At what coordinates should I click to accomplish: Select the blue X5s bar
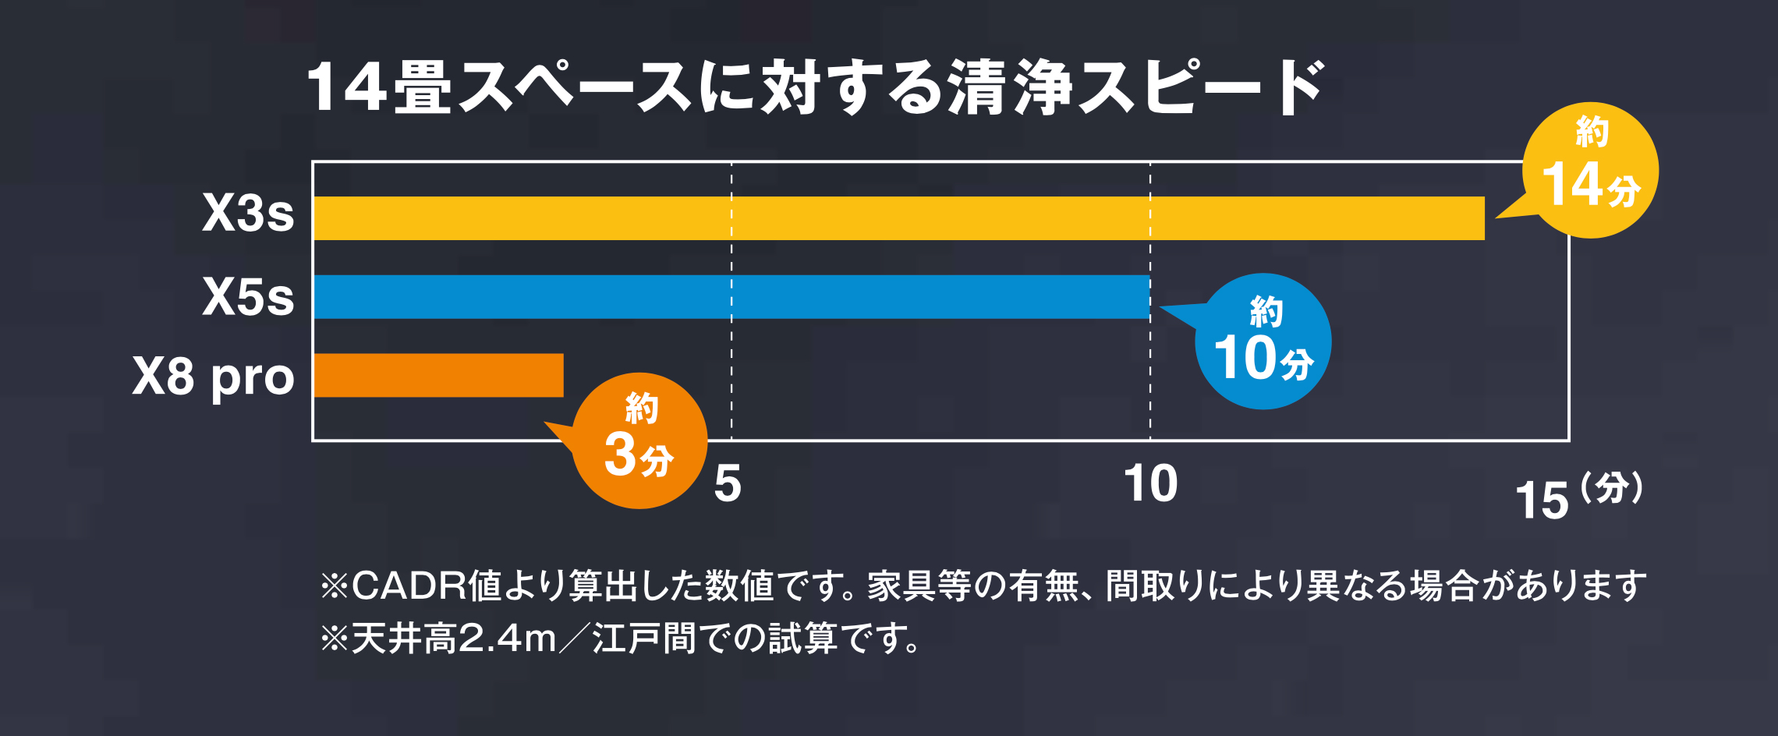click(731, 297)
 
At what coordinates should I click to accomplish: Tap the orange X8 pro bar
click(438, 375)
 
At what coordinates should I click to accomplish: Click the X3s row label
click(248, 212)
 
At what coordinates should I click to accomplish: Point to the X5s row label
click(248, 297)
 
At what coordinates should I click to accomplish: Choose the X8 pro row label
click(213, 377)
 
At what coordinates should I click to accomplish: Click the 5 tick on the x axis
click(727, 484)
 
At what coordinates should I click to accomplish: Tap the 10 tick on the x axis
click(1150, 484)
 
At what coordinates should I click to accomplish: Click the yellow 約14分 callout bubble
click(1591, 171)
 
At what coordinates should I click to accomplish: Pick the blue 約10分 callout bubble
click(1263, 341)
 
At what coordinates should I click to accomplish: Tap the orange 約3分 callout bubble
click(639, 441)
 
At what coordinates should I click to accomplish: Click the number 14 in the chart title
click(348, 87)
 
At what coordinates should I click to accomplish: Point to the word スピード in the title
click(1201, 87)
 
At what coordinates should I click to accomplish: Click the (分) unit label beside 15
click(1612, 490)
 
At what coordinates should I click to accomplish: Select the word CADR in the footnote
click(409, 586)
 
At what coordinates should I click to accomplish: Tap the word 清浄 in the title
click(1011, 87)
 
